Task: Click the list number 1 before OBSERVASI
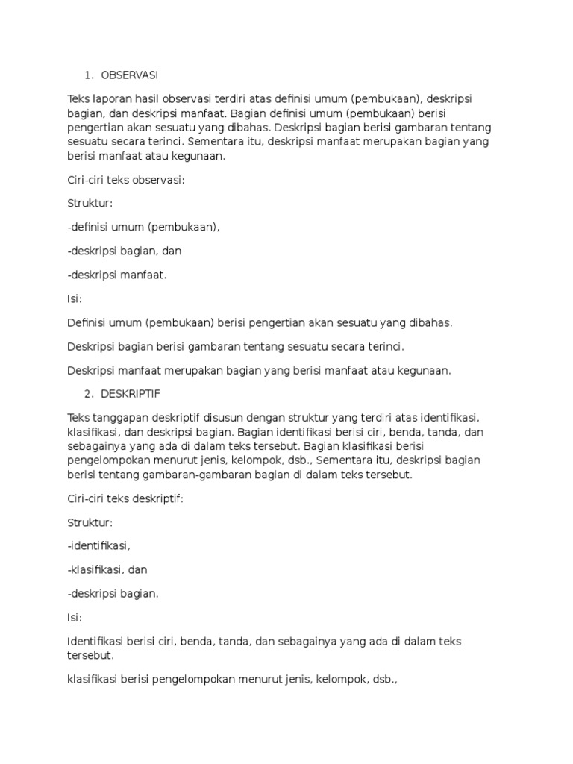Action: pos(88,75)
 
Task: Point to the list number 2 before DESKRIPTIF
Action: pos(88,392)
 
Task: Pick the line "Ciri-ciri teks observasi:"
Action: pos(125,180)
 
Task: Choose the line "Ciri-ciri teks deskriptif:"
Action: pos(125,498)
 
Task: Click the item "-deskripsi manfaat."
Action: pos(117,275)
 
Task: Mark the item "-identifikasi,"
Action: pos(104,545)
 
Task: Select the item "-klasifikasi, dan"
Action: pos(107,569)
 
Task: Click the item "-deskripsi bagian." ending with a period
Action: pos(113,593)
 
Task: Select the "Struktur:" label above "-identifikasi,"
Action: pos(90,522)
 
